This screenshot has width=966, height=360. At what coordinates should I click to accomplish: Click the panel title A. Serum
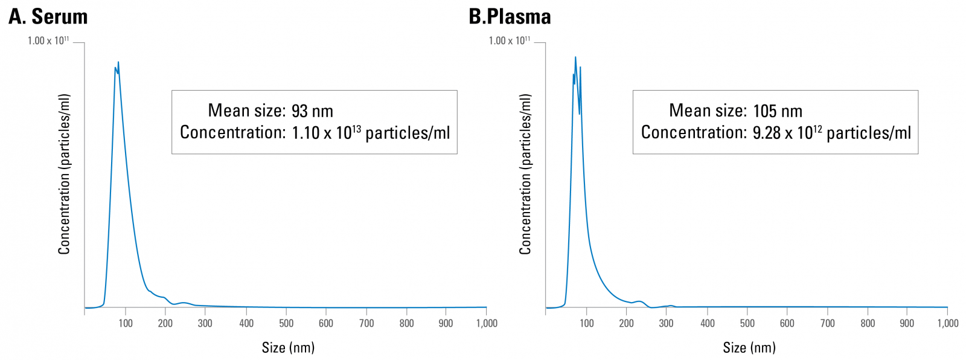pos(48,16)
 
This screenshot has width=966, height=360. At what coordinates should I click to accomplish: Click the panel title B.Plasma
pos(510,16)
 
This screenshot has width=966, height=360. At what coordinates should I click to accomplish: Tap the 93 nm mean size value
pos(312,111)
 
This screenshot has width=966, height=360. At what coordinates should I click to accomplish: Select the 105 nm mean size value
pos(778,111)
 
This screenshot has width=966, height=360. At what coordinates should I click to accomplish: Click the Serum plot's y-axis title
pos(64,174)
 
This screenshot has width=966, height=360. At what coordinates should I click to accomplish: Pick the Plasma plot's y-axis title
pos(525,174)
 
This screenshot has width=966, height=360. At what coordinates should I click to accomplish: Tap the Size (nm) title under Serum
pos(288,347)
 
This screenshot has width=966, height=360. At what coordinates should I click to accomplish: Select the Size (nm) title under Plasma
pos(749,347)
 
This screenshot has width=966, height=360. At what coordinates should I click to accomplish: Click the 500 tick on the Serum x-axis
pos(286,323)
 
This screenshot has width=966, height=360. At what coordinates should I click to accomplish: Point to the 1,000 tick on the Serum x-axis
pos(487,323)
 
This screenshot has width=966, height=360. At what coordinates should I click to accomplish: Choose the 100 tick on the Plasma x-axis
pos(586,323)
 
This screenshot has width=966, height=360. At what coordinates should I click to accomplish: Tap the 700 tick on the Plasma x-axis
pos(827,323)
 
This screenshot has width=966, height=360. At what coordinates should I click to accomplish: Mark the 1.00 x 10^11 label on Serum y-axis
pos(48,40)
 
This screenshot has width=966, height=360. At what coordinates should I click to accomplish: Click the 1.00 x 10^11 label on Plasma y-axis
pos(510,40)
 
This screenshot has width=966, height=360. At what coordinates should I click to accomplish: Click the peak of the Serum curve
pos(118,62)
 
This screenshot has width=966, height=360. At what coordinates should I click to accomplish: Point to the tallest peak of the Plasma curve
pos(575,57)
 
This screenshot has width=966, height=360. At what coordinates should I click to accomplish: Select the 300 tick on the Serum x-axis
pos(205,323)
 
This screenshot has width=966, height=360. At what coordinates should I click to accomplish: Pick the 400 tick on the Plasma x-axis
pos(708,323)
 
